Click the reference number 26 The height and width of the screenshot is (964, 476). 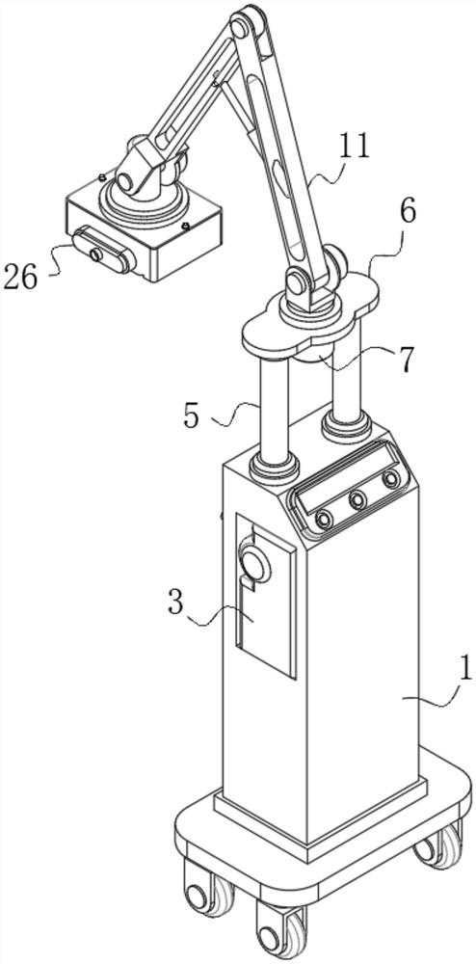coord(20,278)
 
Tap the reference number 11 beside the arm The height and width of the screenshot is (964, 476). coord(354,147)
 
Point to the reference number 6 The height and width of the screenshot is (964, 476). coord(407,211)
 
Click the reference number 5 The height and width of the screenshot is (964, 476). coord(191,416)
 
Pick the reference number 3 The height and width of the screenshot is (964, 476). coord(175,603)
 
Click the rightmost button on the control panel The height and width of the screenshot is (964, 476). coord(390,478)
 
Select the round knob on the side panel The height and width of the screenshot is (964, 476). coord(254,564)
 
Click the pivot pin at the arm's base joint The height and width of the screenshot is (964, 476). coord(298,283)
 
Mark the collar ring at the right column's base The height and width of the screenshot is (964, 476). coord(347,426)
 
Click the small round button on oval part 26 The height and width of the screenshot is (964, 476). coord(95,254)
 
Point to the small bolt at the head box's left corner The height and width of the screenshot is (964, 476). coord(102,177)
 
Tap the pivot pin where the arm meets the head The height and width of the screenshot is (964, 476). coord(126,182)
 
